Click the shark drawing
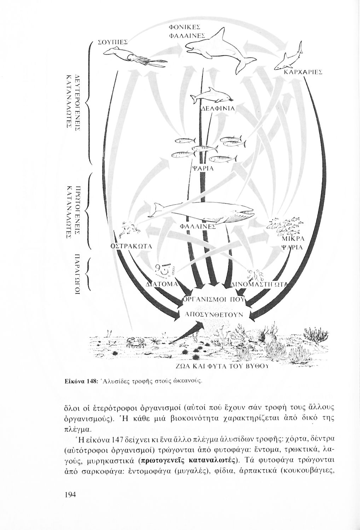(288, 60)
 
